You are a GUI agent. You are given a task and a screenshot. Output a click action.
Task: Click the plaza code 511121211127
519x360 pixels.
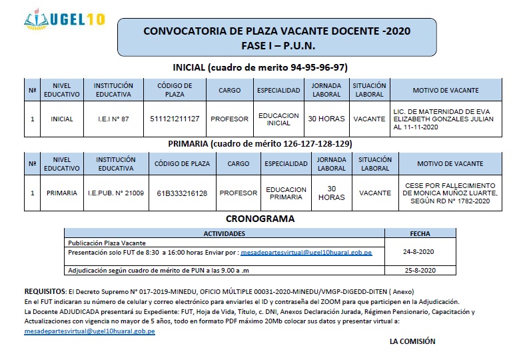(x=175, y=119)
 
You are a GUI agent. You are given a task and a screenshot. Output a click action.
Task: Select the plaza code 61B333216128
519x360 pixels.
(x=182, y=193)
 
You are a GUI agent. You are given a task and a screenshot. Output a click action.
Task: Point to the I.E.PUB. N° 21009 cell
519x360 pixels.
(x=116, y=193)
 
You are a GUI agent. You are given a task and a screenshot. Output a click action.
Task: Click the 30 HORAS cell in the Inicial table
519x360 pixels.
(x=326, y=119)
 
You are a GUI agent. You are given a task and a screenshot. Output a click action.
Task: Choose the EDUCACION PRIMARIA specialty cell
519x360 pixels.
(x=286, y=193)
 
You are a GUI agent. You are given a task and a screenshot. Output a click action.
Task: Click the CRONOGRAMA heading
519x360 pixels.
(x=260, y=219)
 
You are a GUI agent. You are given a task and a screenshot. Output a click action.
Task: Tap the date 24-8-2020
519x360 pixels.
(x=419, y=252)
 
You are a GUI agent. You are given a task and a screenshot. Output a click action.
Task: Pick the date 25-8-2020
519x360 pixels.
(x=419, y=270)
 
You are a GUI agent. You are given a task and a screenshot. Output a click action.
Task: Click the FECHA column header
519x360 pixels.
(x=420, y=234)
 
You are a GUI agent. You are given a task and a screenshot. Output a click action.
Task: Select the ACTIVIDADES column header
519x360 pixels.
(x=224, y=234)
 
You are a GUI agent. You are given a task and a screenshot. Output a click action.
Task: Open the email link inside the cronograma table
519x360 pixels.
(x=306, y=253)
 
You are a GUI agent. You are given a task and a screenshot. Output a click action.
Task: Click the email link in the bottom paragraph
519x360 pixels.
(x=89, y=331)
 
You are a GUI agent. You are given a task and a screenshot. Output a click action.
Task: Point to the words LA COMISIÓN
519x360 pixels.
(x=412, y=341)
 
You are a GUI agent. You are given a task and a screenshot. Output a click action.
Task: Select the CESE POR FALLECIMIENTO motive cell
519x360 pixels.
(x=450, y=193)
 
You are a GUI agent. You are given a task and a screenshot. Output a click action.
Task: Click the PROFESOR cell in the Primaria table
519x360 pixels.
(x=238, y=193)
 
